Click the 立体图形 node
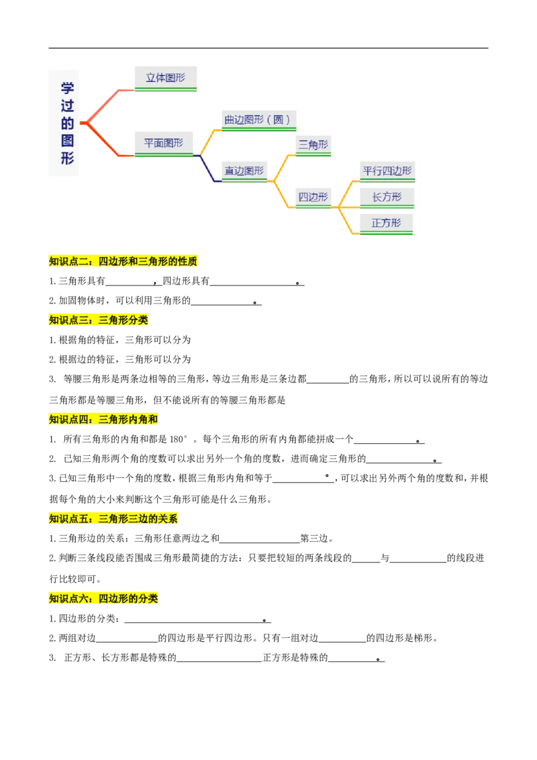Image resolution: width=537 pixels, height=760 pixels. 166,78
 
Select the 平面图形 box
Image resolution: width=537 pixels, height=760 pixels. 163,143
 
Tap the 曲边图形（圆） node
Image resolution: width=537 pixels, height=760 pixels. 258,120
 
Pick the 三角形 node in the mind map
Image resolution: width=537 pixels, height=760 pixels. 313,144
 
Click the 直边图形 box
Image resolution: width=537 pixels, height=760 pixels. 244,171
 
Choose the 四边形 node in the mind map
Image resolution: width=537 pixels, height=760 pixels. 313,197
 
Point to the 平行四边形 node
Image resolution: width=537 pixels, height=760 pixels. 387,171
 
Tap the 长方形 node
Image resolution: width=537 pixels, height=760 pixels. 387,197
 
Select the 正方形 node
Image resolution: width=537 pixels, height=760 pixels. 386,223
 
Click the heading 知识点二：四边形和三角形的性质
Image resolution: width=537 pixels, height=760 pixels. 124,262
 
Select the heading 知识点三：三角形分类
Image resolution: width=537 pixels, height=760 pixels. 99,320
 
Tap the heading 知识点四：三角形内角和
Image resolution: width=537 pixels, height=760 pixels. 104,420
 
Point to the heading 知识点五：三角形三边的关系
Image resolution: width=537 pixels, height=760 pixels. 113,518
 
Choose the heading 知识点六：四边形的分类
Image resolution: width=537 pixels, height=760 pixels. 104,598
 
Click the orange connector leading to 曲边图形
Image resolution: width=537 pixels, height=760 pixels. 207,138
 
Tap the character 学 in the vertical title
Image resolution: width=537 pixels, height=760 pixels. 67,88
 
